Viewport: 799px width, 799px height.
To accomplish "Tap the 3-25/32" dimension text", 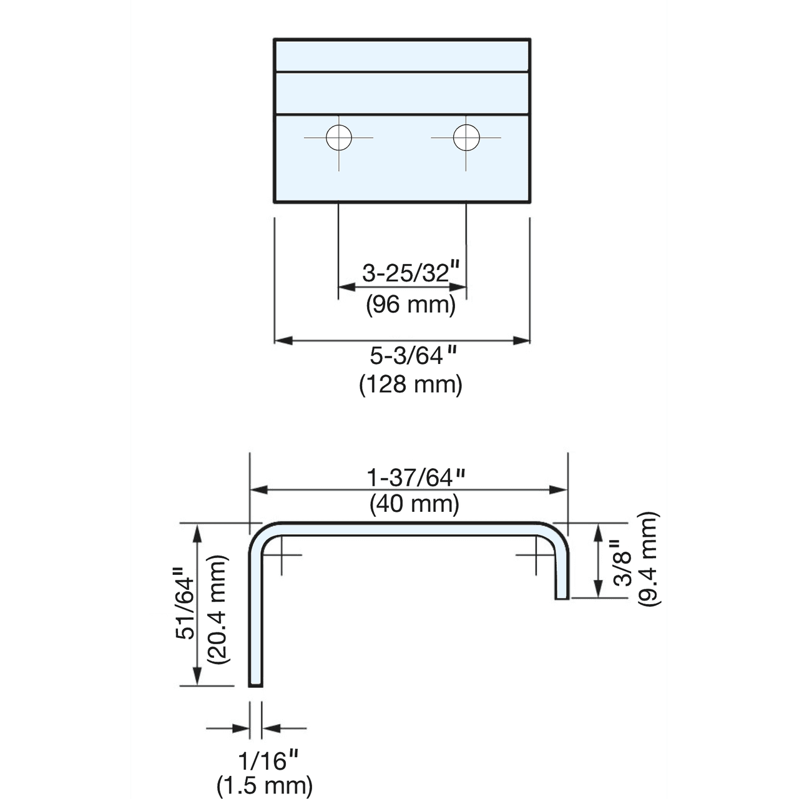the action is (411, 273).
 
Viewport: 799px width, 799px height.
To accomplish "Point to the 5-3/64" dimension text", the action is (413, 355).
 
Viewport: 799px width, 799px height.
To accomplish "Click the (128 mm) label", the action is (411, 385).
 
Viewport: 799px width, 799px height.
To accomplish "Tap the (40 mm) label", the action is (414, 504).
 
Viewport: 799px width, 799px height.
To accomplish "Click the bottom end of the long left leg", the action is (255, 686).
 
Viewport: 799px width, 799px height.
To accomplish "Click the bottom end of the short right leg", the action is (562, 599).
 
